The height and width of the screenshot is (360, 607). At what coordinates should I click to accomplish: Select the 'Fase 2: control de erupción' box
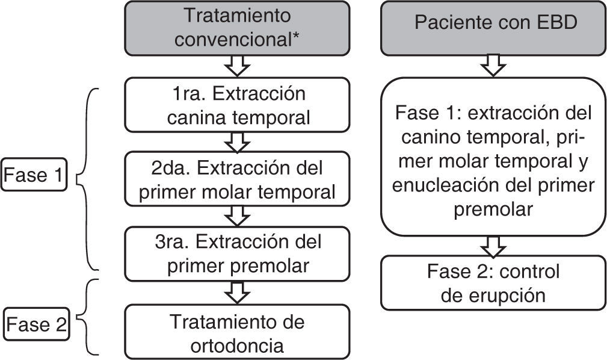click(x=493, y=283)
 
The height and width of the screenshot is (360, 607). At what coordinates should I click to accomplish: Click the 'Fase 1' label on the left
click(x=32, y=176)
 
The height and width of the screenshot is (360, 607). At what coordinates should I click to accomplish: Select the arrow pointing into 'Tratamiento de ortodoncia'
click(x=238, y=293)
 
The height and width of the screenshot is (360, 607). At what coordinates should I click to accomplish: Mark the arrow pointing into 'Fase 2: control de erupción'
click(x=494, y=245)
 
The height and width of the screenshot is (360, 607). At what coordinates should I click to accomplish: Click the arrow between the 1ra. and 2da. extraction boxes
click(x=238, y=143)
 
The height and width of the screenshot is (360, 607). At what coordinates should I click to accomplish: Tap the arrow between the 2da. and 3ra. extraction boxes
click(x=238, y=216)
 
